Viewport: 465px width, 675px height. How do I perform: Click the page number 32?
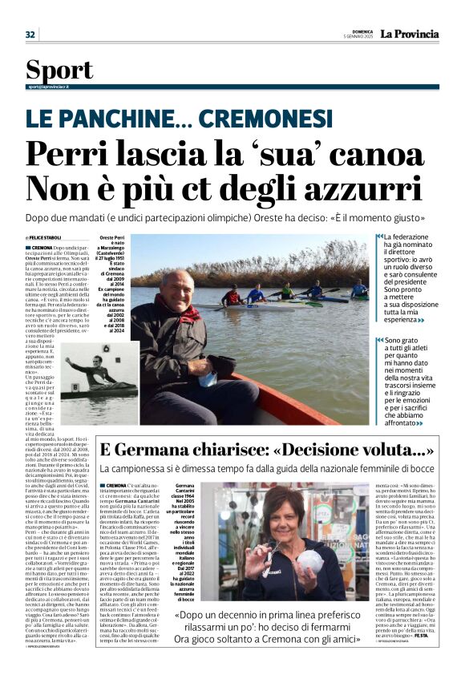pos(30,34)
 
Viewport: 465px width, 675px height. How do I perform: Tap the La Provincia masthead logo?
pos(409,34)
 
